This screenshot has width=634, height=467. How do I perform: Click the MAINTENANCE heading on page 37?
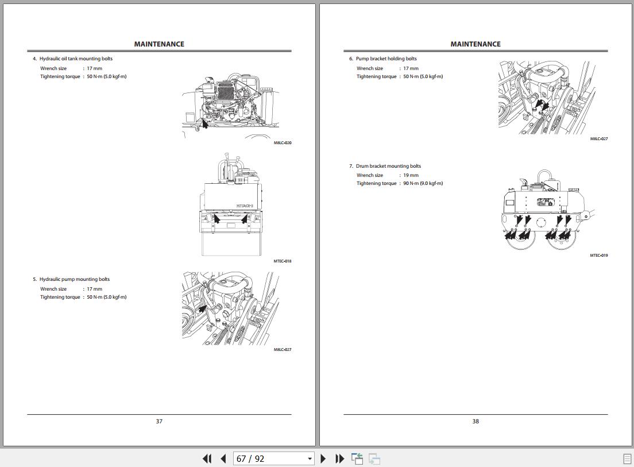[159, 44]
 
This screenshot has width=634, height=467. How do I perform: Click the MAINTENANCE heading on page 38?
[475, 44]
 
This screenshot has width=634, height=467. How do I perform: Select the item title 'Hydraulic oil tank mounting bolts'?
[76, 59]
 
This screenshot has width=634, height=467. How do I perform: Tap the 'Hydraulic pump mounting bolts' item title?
[75, 279]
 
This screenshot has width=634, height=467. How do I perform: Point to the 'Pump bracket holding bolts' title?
[386, 59]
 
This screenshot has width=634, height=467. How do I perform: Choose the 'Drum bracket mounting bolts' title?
[388, 166]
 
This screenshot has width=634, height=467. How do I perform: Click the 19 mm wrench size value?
[411, 175]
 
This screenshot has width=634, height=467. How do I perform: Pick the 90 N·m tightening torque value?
[423, 184]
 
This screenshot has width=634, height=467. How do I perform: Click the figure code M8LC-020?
[283, 142]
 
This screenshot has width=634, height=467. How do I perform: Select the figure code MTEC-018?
[282, 261]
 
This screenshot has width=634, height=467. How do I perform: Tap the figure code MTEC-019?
[599, 256]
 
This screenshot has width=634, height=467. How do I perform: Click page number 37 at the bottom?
[159, 421]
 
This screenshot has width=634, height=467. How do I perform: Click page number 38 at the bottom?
[475, 421]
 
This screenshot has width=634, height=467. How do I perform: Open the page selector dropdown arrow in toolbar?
[310, 459]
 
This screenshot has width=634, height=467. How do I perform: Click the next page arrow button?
[323, 459]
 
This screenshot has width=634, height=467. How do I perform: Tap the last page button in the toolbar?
[339, 459]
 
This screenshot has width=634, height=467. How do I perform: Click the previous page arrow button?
[223, 459]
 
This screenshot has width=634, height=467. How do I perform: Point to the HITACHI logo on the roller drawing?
[245, 206]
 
